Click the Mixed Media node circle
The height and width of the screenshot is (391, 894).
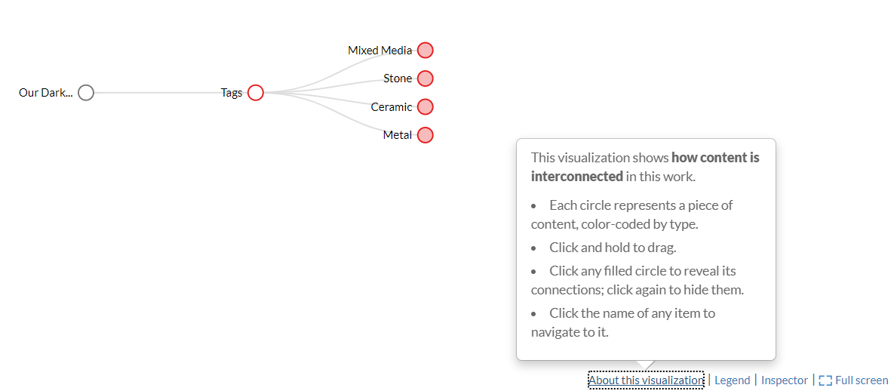click(x=425, y=51)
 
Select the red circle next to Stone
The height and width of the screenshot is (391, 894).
click(x=425, y=79)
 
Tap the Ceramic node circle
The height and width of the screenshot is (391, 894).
click(x=425, y=107)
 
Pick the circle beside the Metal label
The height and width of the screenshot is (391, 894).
click(x=425, y=135)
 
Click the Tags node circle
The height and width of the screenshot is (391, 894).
click(x=256, y=93)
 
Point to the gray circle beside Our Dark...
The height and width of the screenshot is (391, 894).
click(x=86, y=93)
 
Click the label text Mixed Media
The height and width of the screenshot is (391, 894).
click(x=379, y=51)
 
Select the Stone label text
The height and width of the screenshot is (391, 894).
click(x=398, y=79)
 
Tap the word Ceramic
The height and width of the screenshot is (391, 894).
click(x=391, y=107)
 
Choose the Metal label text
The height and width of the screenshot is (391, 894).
click(x=398, y=135)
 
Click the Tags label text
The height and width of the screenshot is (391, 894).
click(x=232, y=93)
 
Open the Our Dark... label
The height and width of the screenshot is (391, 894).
click(x=45, y=93)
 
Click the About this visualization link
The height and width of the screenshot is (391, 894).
click(x=646, y=380)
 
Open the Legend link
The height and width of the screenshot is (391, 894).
click(x=732, y=380)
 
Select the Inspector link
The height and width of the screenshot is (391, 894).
click(x=784, y=380)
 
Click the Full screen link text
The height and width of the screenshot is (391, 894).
click(x=862, y=380)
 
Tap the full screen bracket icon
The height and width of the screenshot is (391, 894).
click(x=825, y=380)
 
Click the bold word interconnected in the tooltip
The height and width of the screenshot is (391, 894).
click(x=576, y=177)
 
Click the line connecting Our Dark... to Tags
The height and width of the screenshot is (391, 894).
click(x=158, y=93)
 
